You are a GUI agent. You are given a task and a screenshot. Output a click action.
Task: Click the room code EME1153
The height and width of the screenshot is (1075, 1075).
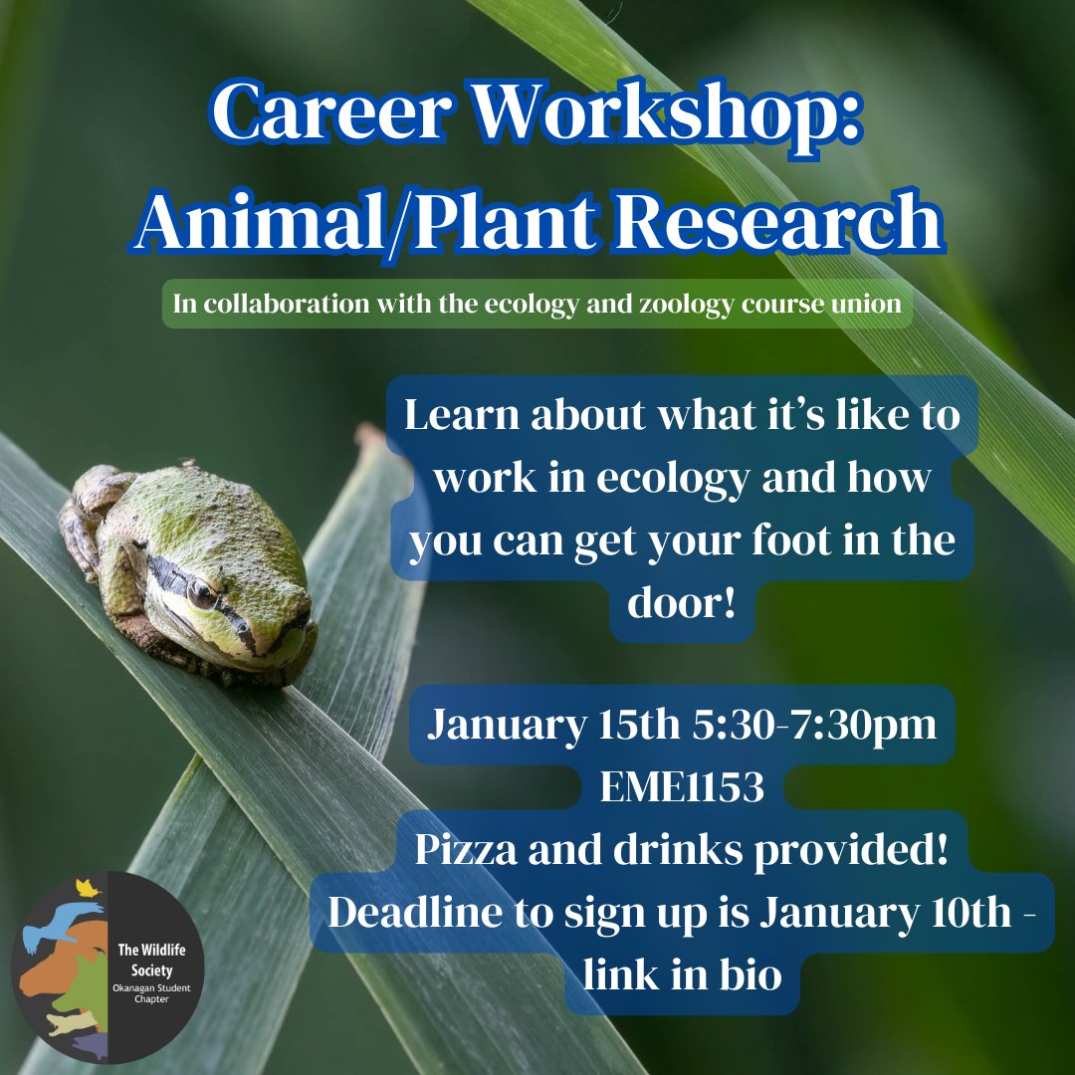point(682,787)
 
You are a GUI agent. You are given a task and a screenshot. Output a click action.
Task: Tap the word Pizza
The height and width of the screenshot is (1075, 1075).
point(468,852)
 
